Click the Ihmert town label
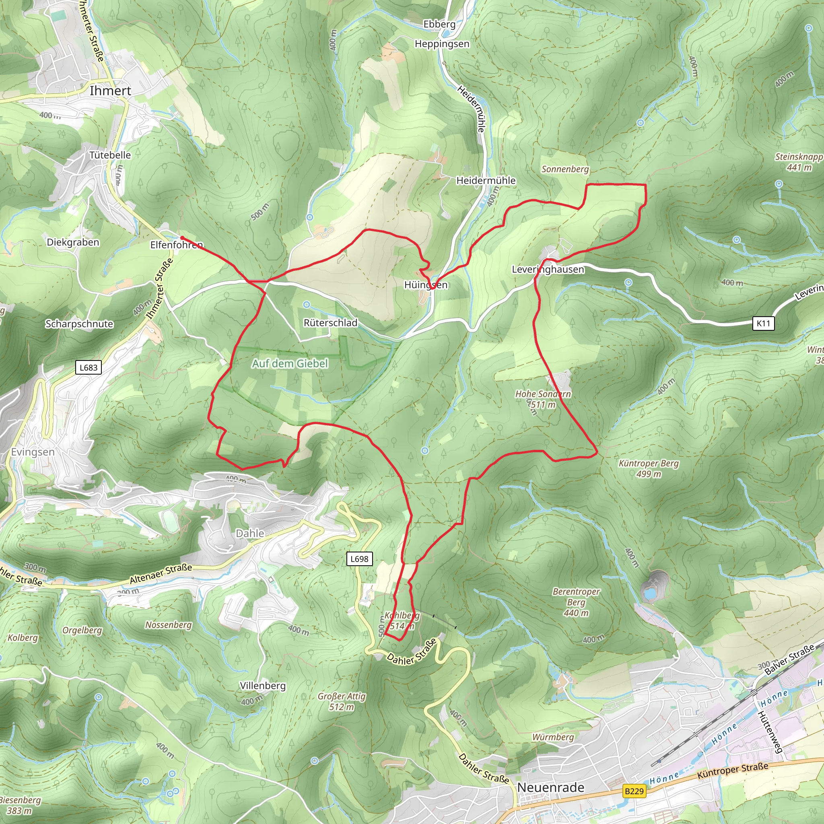coord(111,91)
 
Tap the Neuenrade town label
coord(551,787)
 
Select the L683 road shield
coord(88,368)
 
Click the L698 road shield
coord(359,559)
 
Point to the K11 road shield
coord(763,323)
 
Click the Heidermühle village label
coord(486,181)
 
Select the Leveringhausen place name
coord(548,270)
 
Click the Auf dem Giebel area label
coord(290,363)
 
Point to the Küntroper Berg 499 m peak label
coord(648,468)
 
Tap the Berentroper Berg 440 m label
coord(576,602)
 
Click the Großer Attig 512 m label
coord(342,702)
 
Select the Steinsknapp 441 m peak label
coord(798,162)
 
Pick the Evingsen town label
coord(33,452)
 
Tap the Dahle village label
coord(250,533)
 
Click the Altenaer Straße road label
coord(161,574)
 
